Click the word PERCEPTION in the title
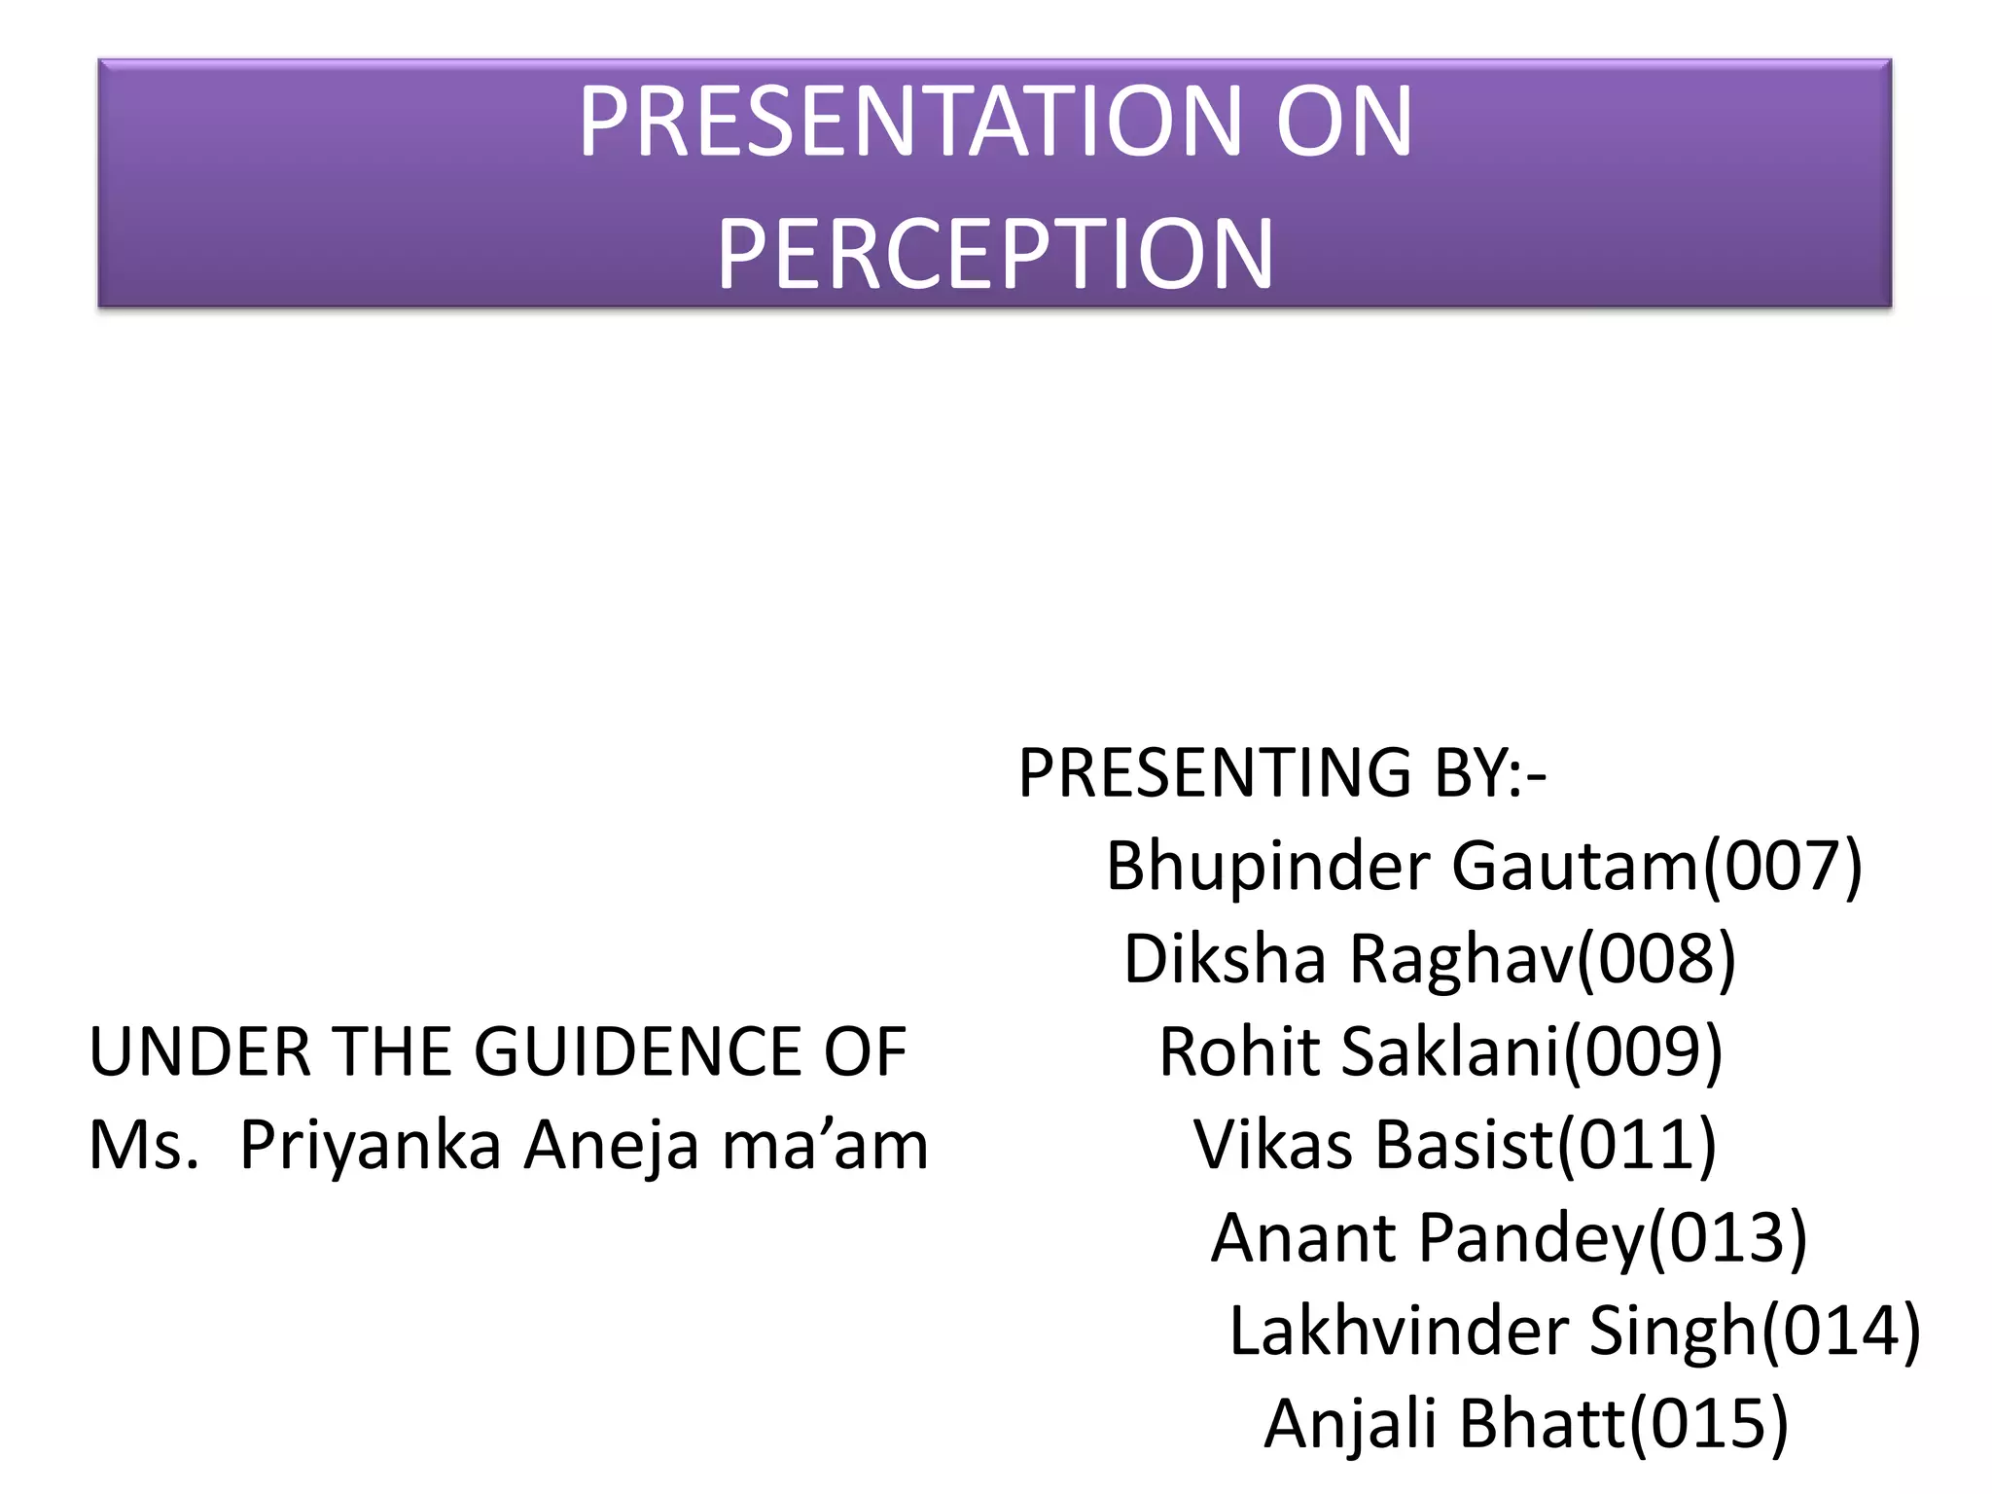pyautogui.click(x=995, y=253)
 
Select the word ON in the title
pyautogui.click(x=1343, y=122)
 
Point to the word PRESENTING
pyautogui.click(x=1215, y=773)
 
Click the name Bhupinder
pyautogui.click(x=1268, y=866)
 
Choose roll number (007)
pyautogui.click(x=1781, y=866)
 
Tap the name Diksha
pyautogui.click(x=1225, y=959)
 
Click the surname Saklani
pyautogui.click(x=1450, y=1052)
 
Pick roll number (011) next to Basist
pyautogui.click(x=1637, y=1145)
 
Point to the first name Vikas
pyautogui.click(x=1273, y=1145)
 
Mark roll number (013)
pyautogui.click(x=1726, y=1238)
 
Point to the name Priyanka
pyautogui.click(x=371, y=1146)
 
